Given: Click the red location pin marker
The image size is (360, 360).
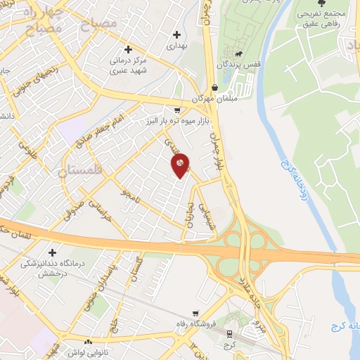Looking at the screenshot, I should click(181, 165).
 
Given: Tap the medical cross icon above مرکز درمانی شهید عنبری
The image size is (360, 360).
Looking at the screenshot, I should click(128, 49).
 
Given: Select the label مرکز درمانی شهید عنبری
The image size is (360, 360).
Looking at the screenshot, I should click(129, 65).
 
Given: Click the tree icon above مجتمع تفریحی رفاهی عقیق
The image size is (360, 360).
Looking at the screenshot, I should click(321, 4).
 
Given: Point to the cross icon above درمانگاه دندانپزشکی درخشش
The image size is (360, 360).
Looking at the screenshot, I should click(51, 252).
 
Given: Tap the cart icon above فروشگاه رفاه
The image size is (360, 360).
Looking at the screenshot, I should click(195, 314).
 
